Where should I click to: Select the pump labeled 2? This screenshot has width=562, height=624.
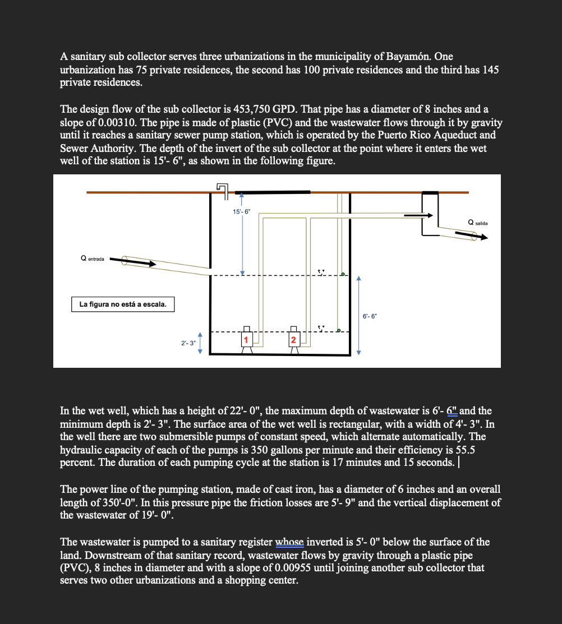click(293, 340)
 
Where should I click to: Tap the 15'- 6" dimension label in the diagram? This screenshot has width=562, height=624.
click(242, 211)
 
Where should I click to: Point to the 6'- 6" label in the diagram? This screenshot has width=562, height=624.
click(370, 316)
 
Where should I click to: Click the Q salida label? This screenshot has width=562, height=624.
click(477, 223)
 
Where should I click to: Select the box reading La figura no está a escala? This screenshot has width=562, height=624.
click(123, 304)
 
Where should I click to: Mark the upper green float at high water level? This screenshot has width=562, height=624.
click(342, 274)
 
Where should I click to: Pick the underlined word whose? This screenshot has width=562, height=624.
click(289, 542)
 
